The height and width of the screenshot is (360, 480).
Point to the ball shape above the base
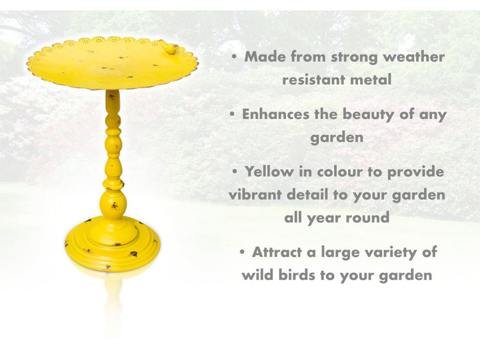click(113, 204)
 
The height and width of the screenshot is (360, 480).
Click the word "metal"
click(374, 80)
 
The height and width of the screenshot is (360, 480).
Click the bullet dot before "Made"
click(235, 57)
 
